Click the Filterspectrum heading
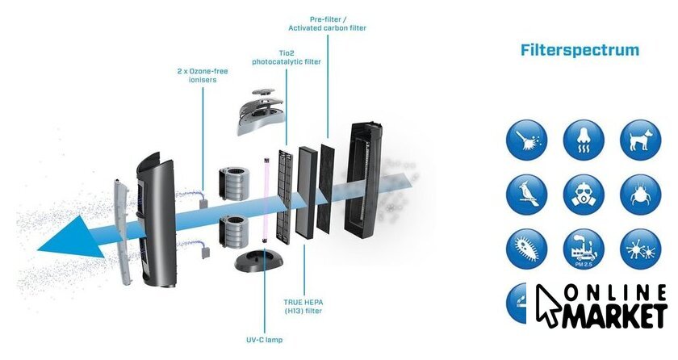click(580, 51)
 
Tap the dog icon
click(639, 139)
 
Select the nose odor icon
click(584, 139)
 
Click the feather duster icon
click(527, 139)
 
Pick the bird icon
click(527, 194)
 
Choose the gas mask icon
click(584, 194)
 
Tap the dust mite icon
click(639, 194)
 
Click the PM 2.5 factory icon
click(584, 249)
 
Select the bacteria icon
click(527, 249)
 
